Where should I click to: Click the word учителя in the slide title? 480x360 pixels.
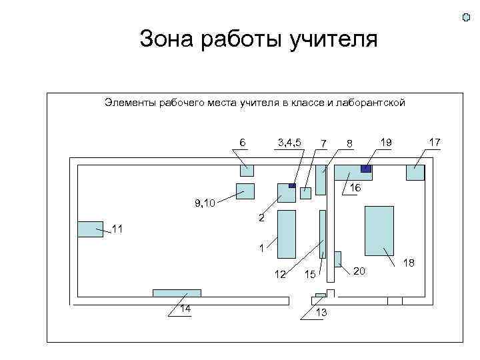pyautogui.click(x=333, y=39)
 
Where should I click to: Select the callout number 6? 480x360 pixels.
pyautogui.click(x=243, y=143)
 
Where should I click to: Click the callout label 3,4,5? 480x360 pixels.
pyautogui.click(x=289, y=142)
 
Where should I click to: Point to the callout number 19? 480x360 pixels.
pyautogui.click(x=385, y=142)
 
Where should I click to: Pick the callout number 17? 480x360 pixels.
pyautogui.click(x=434, y=142)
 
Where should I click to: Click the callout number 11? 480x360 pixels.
pyautogui.click(x=117, y=230)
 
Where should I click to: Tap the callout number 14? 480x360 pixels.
pyautogui.click(x=184, y=308)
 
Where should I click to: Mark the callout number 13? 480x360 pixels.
pyautogui.click(x=321, y=313)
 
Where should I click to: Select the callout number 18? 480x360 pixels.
pyautogui.click(x=409, y=263)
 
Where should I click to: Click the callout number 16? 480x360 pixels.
pyautogui.click(x=355, y=189)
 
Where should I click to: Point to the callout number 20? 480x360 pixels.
pyautogui.click(x=359, y=271)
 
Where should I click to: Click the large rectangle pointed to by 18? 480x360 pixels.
pyautogui.click(x=379, y=231)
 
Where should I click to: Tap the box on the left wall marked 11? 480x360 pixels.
pyautogui.click(x=90, y=229)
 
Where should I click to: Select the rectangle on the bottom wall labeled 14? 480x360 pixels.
pyautogui.click(x=177, y=293)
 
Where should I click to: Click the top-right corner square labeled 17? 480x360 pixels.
pyautogui.click(x=415, y=172)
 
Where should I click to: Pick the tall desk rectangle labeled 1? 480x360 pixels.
pyautogui.click(x=286, y=233)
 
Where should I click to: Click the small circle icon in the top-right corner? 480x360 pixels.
pyautogui.click(x=466, y=17)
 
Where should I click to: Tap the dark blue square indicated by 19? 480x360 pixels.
pyautogui.click(x=365, y=169)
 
